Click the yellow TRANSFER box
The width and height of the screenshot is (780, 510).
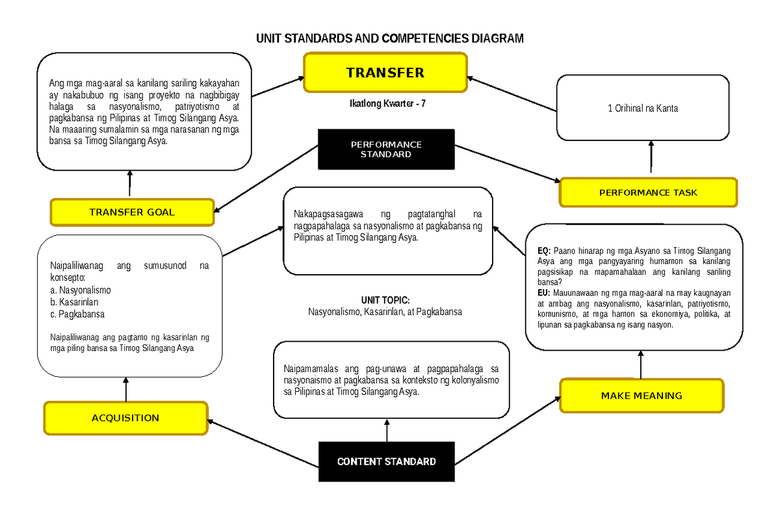coord(385,72)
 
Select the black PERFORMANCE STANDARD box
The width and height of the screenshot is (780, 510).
coord(386,149)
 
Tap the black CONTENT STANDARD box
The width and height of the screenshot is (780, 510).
coord(386,462)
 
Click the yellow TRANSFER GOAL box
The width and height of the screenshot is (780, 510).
coord(132,212)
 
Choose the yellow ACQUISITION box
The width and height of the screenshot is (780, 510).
coord(125,418)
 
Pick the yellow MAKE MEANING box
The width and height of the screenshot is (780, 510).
coord(641,395)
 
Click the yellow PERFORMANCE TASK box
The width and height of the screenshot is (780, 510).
coord(648,192)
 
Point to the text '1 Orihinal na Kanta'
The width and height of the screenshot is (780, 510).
coord(642,108)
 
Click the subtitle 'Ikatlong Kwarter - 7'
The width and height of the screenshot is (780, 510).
coord(387,103)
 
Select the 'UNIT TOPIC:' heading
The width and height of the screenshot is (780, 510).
coord(385,300)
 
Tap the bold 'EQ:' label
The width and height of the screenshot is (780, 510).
coord(544,250)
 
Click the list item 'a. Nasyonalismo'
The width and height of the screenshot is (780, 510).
coord(81,290)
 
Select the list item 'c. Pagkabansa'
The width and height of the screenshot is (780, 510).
coord(77,314)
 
